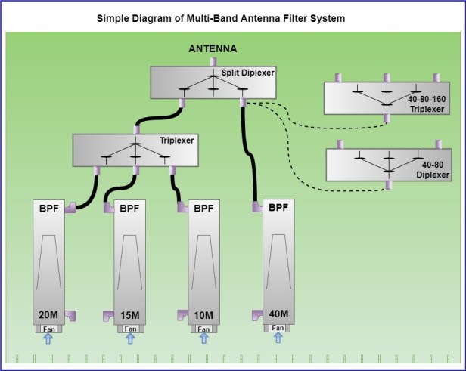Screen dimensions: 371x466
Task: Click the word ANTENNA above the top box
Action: (x=213, y=49)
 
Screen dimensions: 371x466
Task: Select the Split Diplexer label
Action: (x=248, y=73)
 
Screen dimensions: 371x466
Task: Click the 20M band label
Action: (x=48, y=314)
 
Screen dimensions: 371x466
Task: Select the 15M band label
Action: (x=129, y=314)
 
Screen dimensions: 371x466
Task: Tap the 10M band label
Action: (x=203, y=314)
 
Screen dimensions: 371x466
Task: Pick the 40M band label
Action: (x=278, y=314)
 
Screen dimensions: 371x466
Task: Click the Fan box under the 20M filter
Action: (x=48, y=329)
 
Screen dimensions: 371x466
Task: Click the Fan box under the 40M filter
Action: (x=278, y=328)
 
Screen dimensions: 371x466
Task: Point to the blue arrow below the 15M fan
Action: (x=129, y=339)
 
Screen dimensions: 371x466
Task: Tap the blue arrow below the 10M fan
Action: (x=203, y=339)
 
